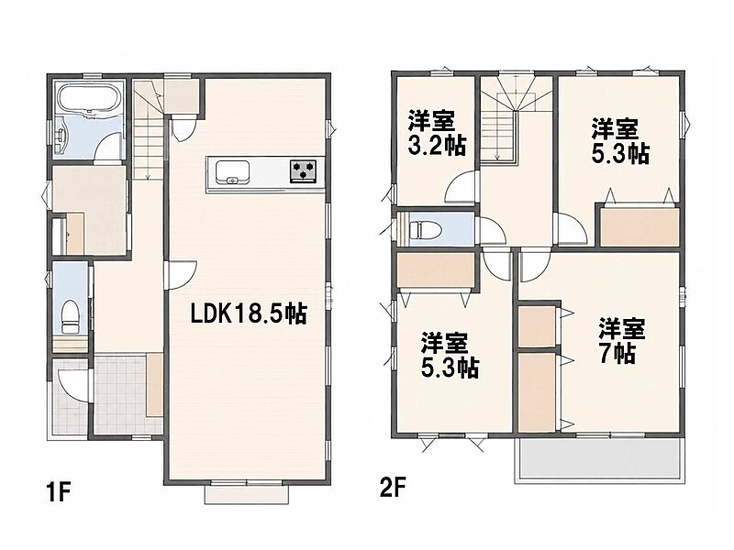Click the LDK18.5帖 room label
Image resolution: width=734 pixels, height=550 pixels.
click(x=248, y=313)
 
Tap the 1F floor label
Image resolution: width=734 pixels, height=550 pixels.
click(x=59, y=492)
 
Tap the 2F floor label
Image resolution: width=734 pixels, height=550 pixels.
click(x=393, y=489)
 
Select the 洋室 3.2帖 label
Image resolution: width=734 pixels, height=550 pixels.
click(x=437, y=133)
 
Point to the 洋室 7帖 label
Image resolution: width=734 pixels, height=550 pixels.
click(x=622, y=341)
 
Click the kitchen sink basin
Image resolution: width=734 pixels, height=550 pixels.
click(x=232, y=172)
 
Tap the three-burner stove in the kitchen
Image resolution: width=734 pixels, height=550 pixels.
click(x=303, y=170)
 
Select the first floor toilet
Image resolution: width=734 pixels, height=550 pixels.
click(x=71, y=316)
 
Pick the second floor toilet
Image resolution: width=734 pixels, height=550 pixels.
click(x=425, y=229)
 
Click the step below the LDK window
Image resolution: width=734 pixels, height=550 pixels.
click(x=247, y=493)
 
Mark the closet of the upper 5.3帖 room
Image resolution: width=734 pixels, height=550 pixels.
click(x=639, y=227)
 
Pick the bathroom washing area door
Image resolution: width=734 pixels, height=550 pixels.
click(x=108, y=148)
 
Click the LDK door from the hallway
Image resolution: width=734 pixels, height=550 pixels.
click(x=183, y=275)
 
